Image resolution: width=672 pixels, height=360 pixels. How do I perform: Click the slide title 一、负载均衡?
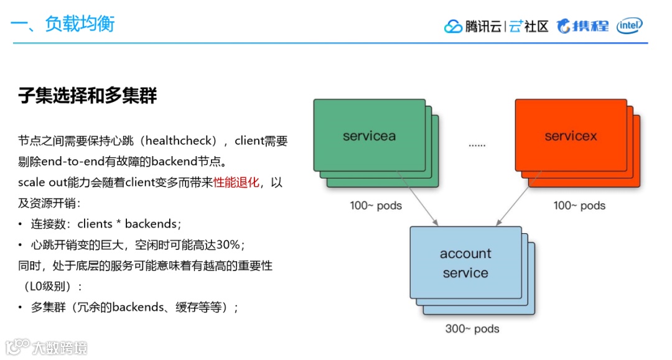[x=63, y=24]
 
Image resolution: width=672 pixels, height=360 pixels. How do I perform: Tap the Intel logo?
[x=629, y=25]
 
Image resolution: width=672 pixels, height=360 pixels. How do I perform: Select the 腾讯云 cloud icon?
[x=453, y=27]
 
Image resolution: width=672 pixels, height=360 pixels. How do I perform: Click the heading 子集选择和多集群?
[x=88, y=96]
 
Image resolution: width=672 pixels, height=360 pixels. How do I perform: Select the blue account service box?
[x=465, y=263]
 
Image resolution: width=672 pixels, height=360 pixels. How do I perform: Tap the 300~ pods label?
[x=472, y=329]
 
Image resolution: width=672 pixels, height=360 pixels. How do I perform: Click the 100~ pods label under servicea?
[x=376, y=205]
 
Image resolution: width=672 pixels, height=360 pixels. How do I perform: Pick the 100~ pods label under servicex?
[x=579, y=205]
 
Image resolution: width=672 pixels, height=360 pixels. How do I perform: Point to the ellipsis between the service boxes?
[x=477, y=145]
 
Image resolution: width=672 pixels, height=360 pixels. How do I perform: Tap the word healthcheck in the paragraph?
[x=180, y=141]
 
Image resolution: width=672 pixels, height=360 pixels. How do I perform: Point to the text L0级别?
[x=51, y=287]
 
